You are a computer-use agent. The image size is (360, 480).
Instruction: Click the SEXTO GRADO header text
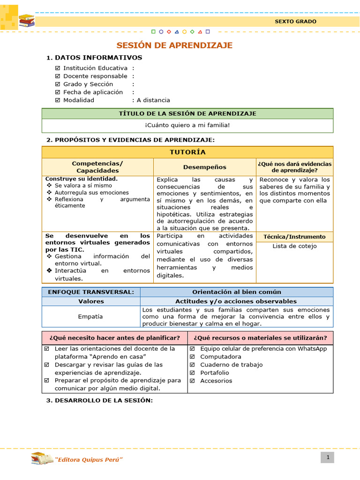[295, 22]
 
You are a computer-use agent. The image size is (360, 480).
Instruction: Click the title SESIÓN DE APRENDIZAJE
[174, 45]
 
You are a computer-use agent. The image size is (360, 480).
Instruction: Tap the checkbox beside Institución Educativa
[58, 68]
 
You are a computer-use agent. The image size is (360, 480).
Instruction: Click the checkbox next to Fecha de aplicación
[58, 92]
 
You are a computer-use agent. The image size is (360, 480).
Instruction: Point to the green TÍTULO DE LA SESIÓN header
[187, 113]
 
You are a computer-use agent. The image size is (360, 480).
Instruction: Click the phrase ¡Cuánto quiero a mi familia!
[187, 125]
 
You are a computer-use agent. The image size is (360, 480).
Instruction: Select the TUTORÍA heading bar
[187, 152]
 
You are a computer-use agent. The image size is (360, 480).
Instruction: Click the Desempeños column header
[204, 167]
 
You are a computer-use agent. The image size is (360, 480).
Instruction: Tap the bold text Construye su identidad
[82, 179]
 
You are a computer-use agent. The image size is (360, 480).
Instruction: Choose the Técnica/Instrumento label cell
[294, 237]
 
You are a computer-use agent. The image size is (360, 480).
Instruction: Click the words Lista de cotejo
[294, 246]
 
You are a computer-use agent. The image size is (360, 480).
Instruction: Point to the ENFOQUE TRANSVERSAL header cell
[91, 292]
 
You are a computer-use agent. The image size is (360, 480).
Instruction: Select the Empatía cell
[91, 316]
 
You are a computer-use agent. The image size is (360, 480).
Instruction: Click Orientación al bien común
[237, 292]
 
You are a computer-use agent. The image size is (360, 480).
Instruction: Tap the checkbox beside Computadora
[192, 357]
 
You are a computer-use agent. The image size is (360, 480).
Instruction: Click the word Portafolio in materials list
[215, 373]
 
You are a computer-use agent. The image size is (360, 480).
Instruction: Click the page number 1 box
[328, 457]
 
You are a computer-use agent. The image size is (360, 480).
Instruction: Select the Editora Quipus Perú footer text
[89, 459]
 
